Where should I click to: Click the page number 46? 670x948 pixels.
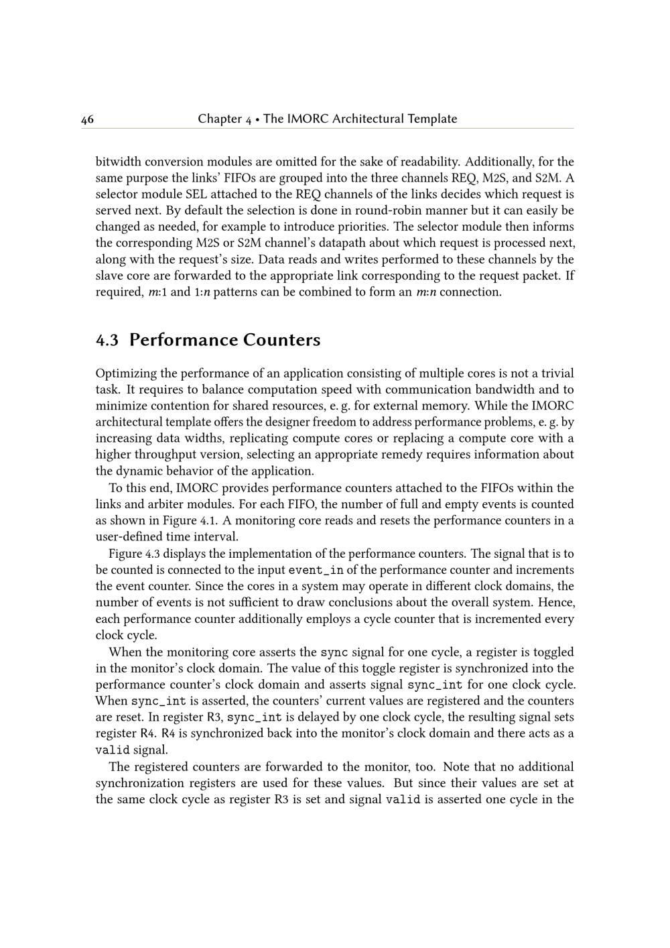tap(87, 120)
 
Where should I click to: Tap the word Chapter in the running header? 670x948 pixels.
tap(219, 119)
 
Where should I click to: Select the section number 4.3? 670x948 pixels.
tap(107, 341)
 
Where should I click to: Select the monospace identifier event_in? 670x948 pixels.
tap(316, 571)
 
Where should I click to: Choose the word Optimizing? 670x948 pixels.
tap(127, 373)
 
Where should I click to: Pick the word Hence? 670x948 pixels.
tap(556, 603)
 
